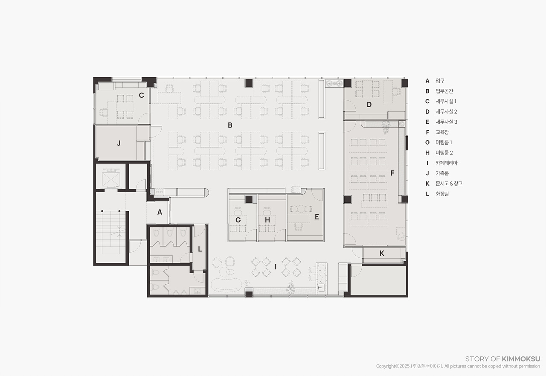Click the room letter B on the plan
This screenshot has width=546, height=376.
tap(230, 125)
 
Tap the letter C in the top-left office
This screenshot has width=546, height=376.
tap(141, 95)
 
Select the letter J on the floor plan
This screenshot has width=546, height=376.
tap(119, 143)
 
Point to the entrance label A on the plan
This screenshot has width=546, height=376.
tap(160, 212)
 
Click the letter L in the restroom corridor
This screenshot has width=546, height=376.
tap(200, 249)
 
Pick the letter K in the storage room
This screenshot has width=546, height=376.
tap(382, 254)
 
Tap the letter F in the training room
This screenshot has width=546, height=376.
tap(392, 173)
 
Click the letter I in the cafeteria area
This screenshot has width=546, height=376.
tap(276, 267)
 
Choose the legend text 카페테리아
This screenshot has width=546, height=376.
tap(447, 163)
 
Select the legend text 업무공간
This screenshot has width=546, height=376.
tap(444, 91)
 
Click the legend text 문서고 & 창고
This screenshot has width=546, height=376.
tap(449, 184)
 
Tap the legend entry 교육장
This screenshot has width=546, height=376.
tap(442, 132)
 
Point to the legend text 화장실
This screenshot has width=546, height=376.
tap(442, 194)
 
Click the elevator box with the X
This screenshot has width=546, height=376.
tap(111, 180)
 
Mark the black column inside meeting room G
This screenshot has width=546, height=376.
tap(249, 199)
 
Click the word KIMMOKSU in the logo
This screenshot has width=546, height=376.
tap(521, 359)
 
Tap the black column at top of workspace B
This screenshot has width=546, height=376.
tap(249, 83)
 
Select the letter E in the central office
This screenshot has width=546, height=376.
tap(317, 217)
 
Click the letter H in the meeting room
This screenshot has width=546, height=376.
tap(267, 220)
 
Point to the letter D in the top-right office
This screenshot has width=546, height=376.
tap(369, 105)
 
